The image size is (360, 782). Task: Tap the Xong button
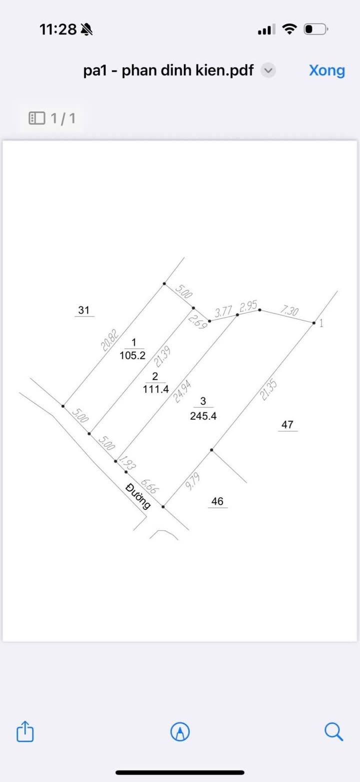coord(326,70)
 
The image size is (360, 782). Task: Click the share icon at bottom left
coord(25,732)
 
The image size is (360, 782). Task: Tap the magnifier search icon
coord(333,732)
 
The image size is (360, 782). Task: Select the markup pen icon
coord(180,732)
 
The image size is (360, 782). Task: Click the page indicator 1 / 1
coord(52,118)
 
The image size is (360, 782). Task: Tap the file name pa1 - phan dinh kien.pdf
coord(168,71)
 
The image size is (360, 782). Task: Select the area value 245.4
coord(203,415)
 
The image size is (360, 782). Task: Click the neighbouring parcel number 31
coord(83,310)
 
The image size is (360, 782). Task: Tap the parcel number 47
coord(287,425)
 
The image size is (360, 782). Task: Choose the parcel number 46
coord(217,501)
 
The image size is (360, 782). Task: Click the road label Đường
coord(139,496)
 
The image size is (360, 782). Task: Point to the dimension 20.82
coord(109,336)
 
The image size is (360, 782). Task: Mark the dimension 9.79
coord(192,482)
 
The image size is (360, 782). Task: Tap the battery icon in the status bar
coord(315,29)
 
